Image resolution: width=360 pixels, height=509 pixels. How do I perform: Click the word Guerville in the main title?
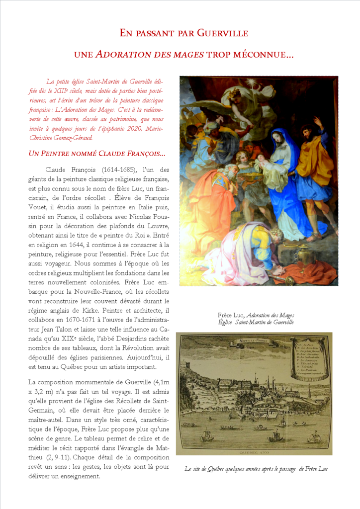pyautogui.click(x=222, y=33)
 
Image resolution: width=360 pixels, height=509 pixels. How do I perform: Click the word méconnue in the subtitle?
pyautogui.click(x=262, y=55)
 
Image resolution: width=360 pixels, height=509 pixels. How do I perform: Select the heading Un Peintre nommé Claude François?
pyautogui.click(x=97, y=153)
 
